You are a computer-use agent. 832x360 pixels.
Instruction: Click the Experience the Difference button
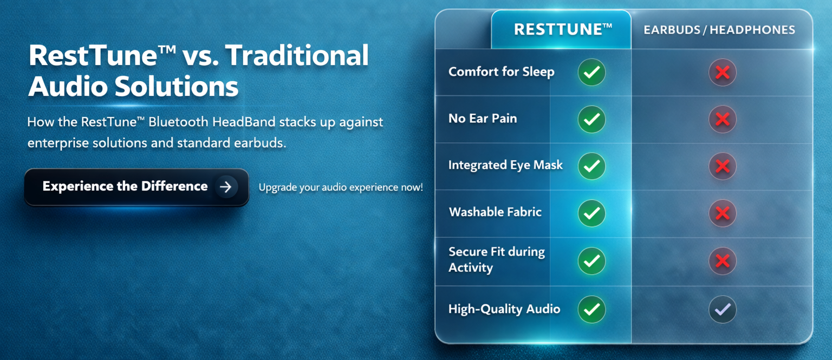(136, 187)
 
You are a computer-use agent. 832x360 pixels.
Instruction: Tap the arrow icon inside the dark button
(226, 187)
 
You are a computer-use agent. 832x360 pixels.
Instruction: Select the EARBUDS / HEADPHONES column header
(719, 30)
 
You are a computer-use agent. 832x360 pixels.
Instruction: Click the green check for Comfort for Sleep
(591, 72)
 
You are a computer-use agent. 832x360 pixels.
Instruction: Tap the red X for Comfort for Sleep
(723, 72)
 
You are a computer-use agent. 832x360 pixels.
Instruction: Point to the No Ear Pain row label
(483, 119)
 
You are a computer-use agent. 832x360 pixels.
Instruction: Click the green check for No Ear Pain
(591, 119)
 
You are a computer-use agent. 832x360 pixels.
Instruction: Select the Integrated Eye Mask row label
(505, 165)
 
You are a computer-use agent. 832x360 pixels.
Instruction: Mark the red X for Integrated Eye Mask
(723, 166)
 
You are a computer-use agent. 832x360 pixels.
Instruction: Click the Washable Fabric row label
(495, 212)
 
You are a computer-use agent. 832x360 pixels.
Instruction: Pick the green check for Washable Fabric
(591, 213)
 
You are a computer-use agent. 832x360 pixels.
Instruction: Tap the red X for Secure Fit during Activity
(723, 261)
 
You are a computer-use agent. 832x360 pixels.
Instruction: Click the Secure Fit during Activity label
(497, 259)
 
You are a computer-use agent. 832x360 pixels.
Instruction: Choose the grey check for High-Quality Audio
(723, 310)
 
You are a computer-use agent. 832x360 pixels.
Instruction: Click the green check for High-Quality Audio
(591, 310)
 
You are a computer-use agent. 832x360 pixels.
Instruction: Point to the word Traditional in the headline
(297, 56)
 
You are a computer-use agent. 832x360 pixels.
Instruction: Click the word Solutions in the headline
(176, 87)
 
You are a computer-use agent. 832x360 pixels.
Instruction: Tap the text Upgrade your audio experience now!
(341, 187)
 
